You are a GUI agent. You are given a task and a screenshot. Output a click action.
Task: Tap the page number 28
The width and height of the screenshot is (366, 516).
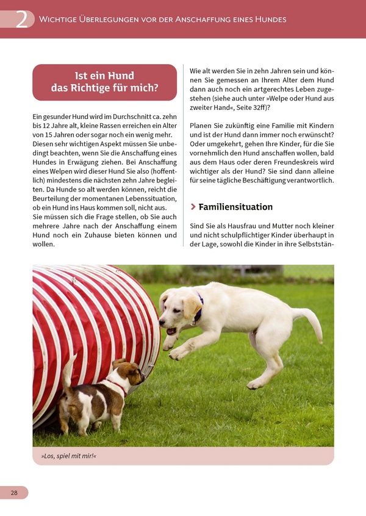coord(13,492)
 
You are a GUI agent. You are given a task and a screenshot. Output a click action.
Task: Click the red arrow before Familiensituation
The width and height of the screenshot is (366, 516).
coord(193,207)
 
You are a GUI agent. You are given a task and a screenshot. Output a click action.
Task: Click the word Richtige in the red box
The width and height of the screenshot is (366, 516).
coord(95,88)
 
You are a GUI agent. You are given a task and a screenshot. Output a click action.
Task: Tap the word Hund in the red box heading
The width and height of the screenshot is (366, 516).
coord(121,76)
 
